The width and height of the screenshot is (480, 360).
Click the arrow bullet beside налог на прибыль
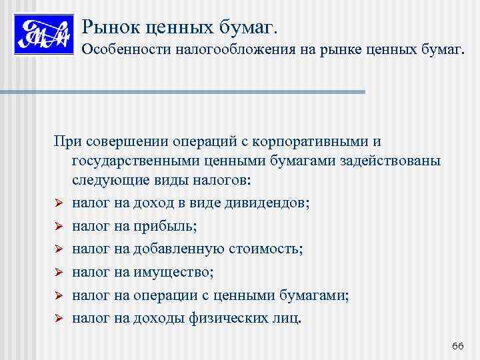(x=59, y=227)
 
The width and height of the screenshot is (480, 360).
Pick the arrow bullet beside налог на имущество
(x=59, y=272)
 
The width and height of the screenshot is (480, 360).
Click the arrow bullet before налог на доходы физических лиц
(x=59, y=317)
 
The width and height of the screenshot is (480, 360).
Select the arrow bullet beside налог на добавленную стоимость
(x=59, y=249)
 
